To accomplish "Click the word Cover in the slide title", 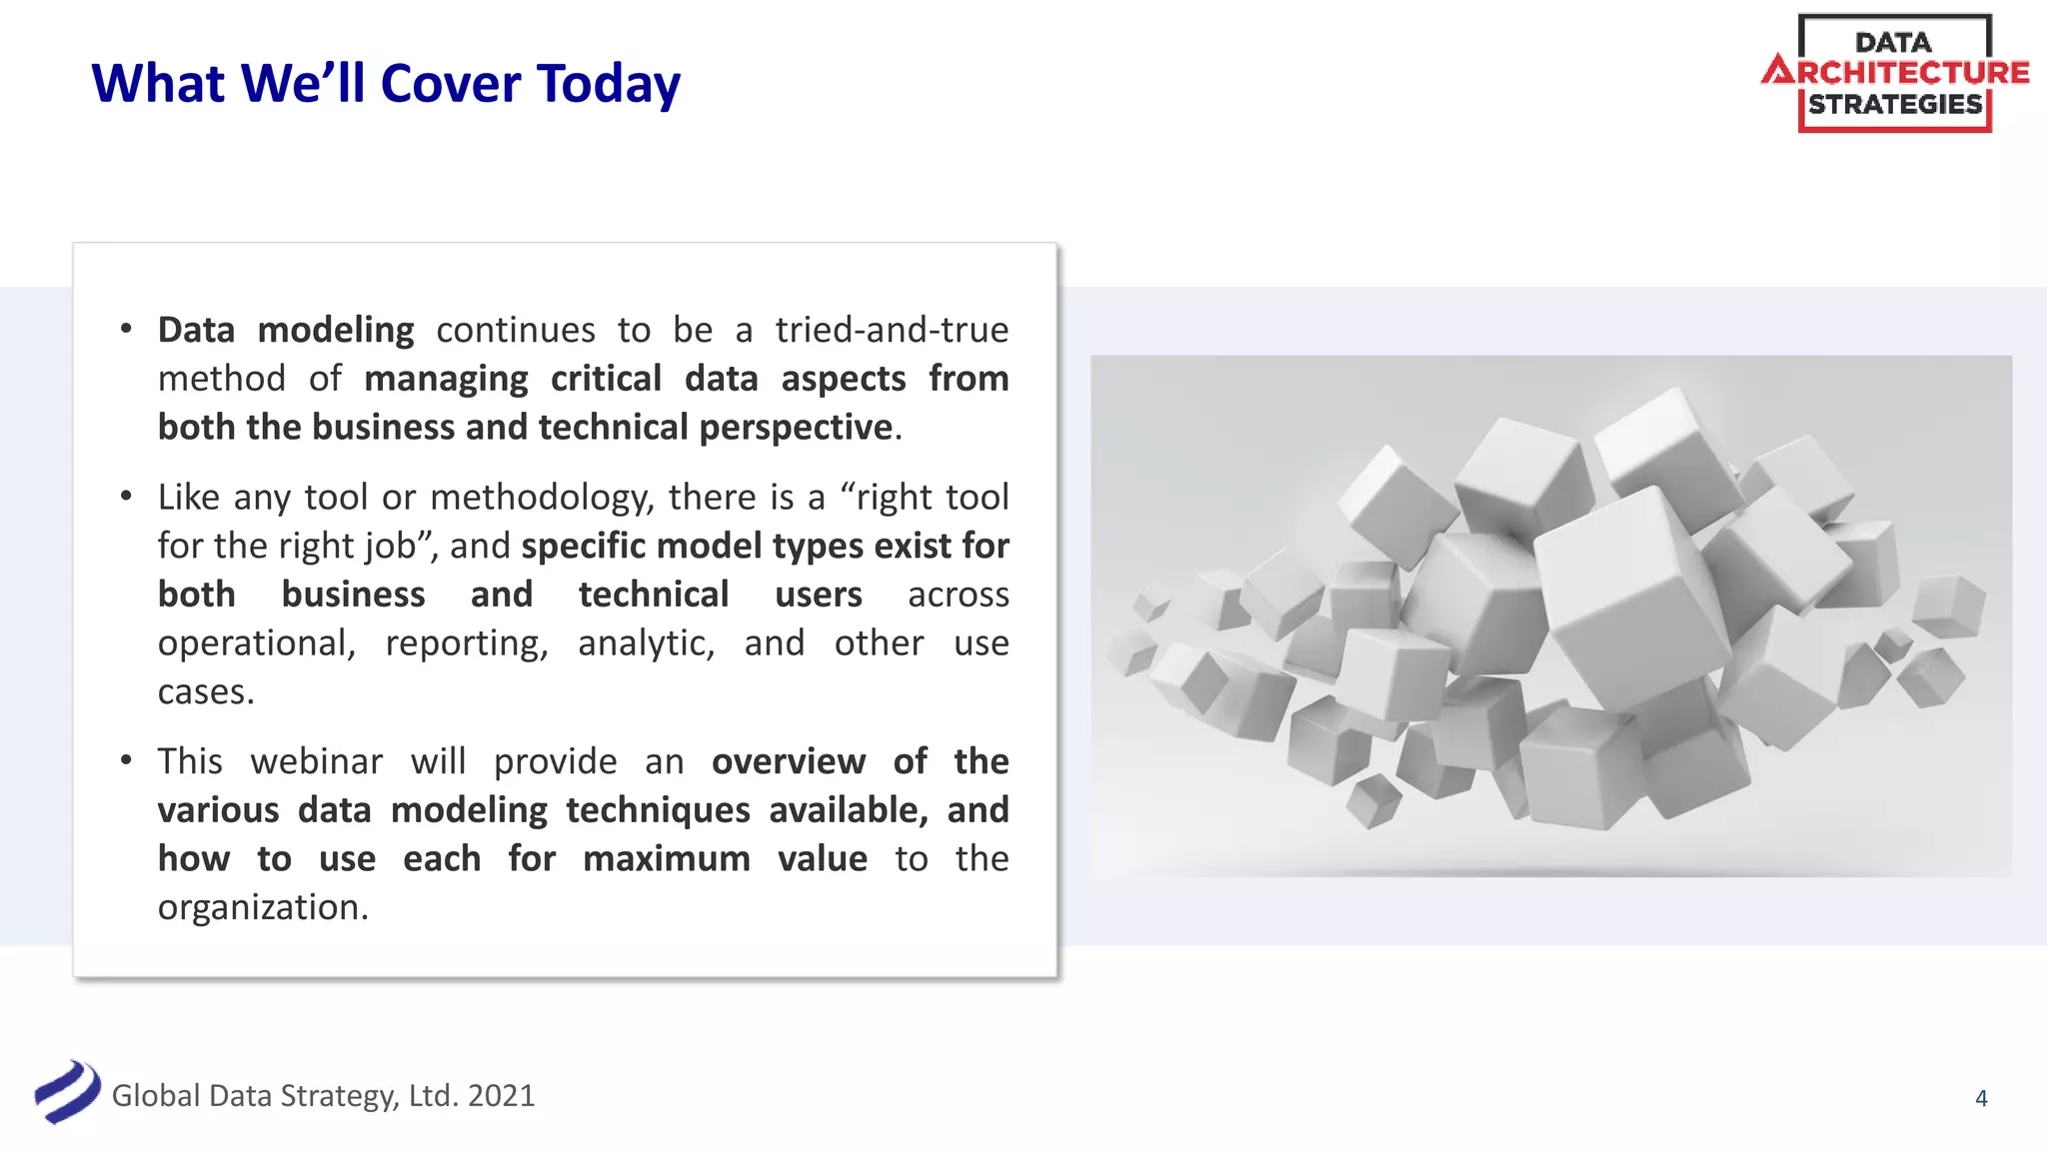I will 450,83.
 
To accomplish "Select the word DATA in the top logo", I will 1893,42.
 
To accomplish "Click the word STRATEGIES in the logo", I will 1895,104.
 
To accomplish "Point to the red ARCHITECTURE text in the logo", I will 1896,72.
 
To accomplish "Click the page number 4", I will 1981,1098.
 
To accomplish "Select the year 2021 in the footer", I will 501,1095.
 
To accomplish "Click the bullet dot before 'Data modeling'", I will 126,329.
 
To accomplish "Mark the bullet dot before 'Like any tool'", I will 126,496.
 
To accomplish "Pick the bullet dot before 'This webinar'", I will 126,760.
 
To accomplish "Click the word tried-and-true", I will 892,330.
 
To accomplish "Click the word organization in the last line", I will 263,907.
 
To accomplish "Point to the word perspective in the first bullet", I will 796,428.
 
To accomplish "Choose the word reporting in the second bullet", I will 467,643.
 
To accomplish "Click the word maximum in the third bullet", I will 667,858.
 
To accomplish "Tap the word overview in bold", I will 788,761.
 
